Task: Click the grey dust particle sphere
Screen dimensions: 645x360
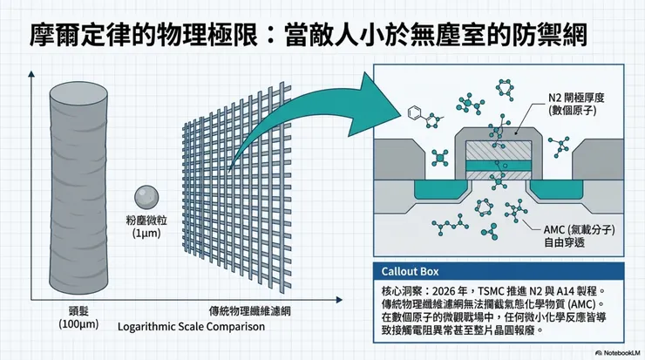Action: click(x=146, y=197)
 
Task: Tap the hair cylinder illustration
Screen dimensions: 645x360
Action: click(x=78, y=187)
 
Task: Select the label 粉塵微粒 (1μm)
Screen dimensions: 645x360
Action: click(x=146, y=227)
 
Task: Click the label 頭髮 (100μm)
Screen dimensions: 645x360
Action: click(x=78, y=317)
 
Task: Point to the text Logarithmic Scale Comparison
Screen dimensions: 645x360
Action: click(x=191, y=327)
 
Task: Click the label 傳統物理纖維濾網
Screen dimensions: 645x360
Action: click(x=249, y=311)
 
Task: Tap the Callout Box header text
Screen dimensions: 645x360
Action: click(x=410, y=272)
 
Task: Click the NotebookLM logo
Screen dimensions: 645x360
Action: click(x=618, y=353)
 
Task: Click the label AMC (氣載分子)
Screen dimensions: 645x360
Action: click(x=579, y=229)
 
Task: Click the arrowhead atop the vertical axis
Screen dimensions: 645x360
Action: click(x=31, y=74)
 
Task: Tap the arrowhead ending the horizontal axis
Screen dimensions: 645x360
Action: click(x=339, y=300)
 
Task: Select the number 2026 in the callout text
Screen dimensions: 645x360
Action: click(x=445, y=291)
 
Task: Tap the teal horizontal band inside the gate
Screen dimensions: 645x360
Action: click(x=499, y=166)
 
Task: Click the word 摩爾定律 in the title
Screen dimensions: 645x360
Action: click(x=80, y=35)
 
